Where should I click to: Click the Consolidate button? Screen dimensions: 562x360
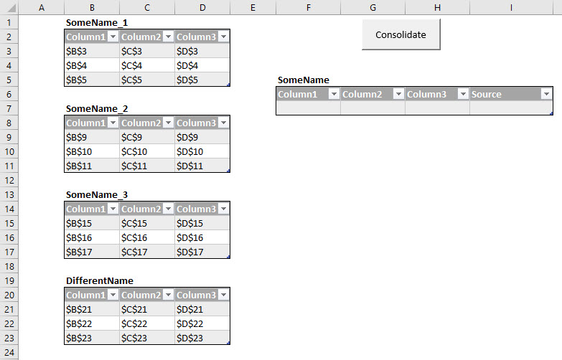[401, 34]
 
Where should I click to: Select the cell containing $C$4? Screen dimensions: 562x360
[147, 65]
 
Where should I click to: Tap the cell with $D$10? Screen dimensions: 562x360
[202, 151]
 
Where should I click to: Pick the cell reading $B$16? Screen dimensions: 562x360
[92, 237]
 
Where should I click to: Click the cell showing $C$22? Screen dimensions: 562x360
[147, 323]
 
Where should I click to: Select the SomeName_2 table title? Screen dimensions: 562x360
[97, 108]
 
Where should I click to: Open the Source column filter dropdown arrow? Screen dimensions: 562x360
[546, 94]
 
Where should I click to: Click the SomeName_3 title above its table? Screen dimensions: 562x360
[97, 194]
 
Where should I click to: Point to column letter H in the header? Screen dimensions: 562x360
[437, 7]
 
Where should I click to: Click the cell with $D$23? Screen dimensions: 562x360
[202, 338]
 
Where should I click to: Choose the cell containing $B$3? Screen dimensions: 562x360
[92, 51]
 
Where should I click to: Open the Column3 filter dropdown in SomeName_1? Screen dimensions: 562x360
[223, 37]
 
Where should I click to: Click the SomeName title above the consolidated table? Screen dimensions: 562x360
[304, 80]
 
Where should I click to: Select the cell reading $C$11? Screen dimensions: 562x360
[147, 166]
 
